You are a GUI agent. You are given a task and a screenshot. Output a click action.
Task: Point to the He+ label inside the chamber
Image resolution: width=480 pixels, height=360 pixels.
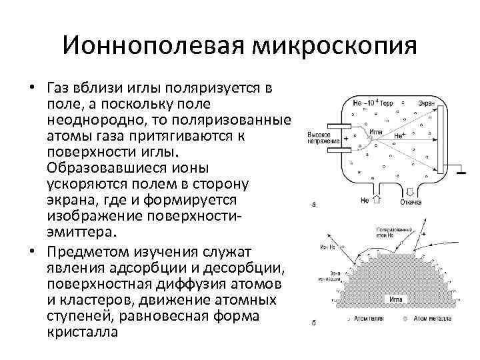(x=401, y=135)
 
